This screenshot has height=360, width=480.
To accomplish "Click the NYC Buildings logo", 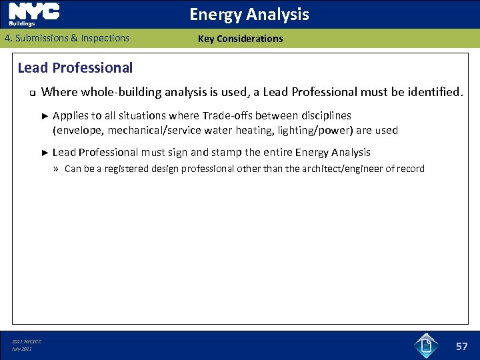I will coord(34,14).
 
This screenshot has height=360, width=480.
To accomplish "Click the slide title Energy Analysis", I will coord(249,14).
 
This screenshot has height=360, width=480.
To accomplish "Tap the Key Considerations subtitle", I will coord(240,39).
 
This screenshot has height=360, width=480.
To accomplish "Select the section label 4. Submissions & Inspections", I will coord(67,38).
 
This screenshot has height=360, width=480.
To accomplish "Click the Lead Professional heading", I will coord(75,67).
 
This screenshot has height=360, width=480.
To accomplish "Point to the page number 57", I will coord(462,346).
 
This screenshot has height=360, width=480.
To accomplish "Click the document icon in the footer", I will coord(426,345).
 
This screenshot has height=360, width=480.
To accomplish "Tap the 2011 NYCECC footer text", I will coord(27,341).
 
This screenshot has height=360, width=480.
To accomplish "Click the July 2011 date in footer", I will coord(22,349).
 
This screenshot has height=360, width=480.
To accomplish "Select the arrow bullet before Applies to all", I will coord(45,116).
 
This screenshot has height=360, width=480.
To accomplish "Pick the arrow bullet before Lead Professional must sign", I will coord(45,153).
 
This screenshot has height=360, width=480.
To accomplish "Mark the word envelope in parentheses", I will coord(78,131).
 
